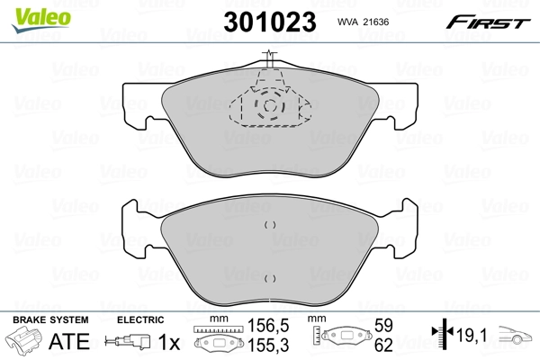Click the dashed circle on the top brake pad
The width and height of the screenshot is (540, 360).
click(x=269, y=109)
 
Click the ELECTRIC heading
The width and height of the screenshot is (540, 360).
click(x=140, y=319)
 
